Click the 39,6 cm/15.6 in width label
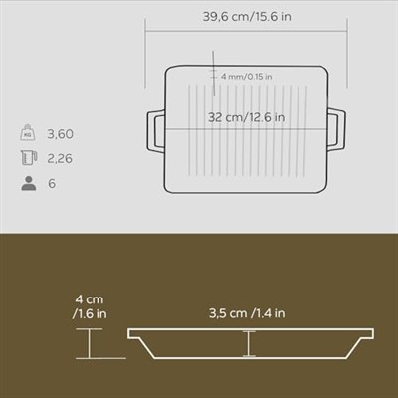pyautogui.click(x=247, y=16)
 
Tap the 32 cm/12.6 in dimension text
pyautogui.click(x=246, y=117)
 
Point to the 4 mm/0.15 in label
pyautogui.click(x=246, y=77)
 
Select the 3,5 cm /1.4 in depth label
pyautogui.click(x=247, y=313)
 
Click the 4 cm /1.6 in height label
pyautogui.click(x=90, y=306)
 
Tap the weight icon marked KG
pyautogui.click(x=28, y=132)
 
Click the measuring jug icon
pyautogui.click(x=29, y=157)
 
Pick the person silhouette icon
pyautogui.click(x=29, y=183)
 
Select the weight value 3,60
pyautogui.click(x=60, y=134)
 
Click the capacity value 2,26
pyautogui.click(x=60, y=159)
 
